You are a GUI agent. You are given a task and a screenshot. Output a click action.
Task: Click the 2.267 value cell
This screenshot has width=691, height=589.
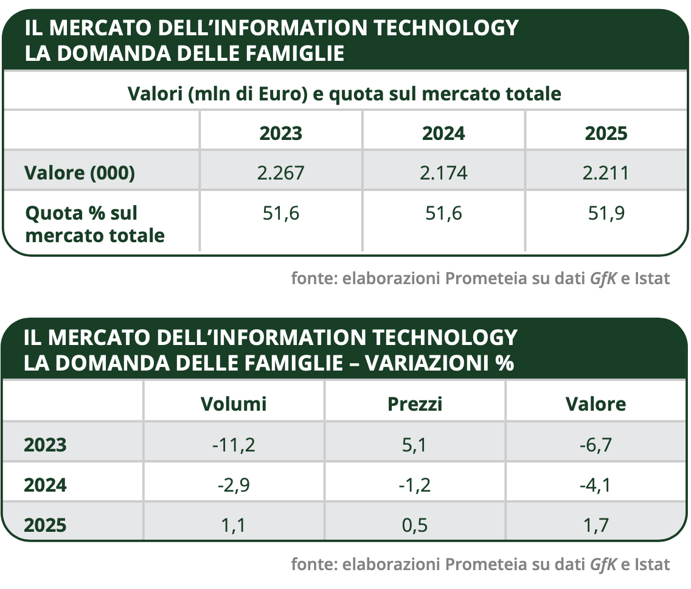click(x=280, y=173)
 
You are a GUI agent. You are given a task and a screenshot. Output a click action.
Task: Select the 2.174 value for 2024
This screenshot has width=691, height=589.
click(x=443, y=173)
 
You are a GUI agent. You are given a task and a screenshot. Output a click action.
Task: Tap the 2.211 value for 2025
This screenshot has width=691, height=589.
click(x=605, y=173)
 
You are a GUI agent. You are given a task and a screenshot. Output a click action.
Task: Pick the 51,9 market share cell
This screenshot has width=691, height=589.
click(x=605, y=213)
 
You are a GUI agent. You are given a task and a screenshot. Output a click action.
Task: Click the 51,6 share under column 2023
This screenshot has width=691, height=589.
click(x=280, y=213)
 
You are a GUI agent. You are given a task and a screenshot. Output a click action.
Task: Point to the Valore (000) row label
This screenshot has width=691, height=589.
click(x=80, y=173)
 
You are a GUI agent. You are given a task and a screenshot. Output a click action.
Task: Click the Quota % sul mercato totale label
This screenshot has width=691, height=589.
click(x=94, y=224)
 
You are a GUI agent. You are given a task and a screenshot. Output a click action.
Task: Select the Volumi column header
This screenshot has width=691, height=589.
click(x=234, y=404)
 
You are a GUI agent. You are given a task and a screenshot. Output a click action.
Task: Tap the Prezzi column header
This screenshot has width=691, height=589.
click(x=415, y=404)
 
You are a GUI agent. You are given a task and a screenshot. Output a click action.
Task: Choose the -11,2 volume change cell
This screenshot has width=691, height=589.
click(x=234, y=445)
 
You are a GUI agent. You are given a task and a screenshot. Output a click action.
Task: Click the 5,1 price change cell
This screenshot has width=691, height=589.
click(x=415, y=445)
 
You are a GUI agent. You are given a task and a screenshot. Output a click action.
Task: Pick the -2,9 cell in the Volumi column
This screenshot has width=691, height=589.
click(x=234, y=486)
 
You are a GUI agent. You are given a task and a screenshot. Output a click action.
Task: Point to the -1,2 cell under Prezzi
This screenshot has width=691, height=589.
click(x=415, y=486)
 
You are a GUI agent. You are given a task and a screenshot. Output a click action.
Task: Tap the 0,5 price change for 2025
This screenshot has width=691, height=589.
click(x=415, y=525)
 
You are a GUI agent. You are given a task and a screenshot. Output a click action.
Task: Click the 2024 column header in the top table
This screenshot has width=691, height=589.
click(x=443, y=133)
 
